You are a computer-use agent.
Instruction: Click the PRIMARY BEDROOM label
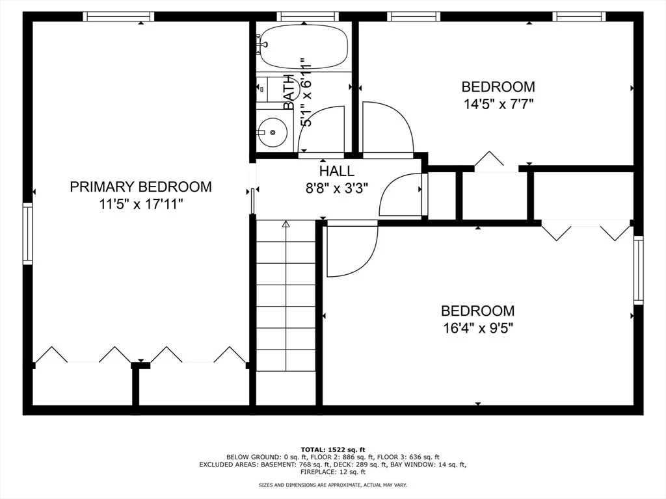tap(140, 186)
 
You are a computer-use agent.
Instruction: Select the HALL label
tap(337, 171)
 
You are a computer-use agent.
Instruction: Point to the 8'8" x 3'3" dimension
tap(337, 188)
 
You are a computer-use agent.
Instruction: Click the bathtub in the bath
tap(304, 46)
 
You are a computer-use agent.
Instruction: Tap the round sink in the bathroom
tap(273, 133)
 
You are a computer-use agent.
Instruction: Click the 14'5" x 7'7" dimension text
tap(498, 104)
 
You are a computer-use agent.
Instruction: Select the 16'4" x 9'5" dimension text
tap(478, 328)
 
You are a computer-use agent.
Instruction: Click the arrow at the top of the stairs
tap(286, 224)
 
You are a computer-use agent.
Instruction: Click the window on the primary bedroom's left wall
tap(27, 234)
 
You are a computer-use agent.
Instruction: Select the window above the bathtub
tap(308, 16)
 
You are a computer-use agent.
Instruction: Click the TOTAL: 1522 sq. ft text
tap(333, 450)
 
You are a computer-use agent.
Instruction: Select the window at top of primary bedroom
tap(118, 16)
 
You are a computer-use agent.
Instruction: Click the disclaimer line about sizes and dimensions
tap(333, 485)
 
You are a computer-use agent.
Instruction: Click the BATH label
tap(289, 92)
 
